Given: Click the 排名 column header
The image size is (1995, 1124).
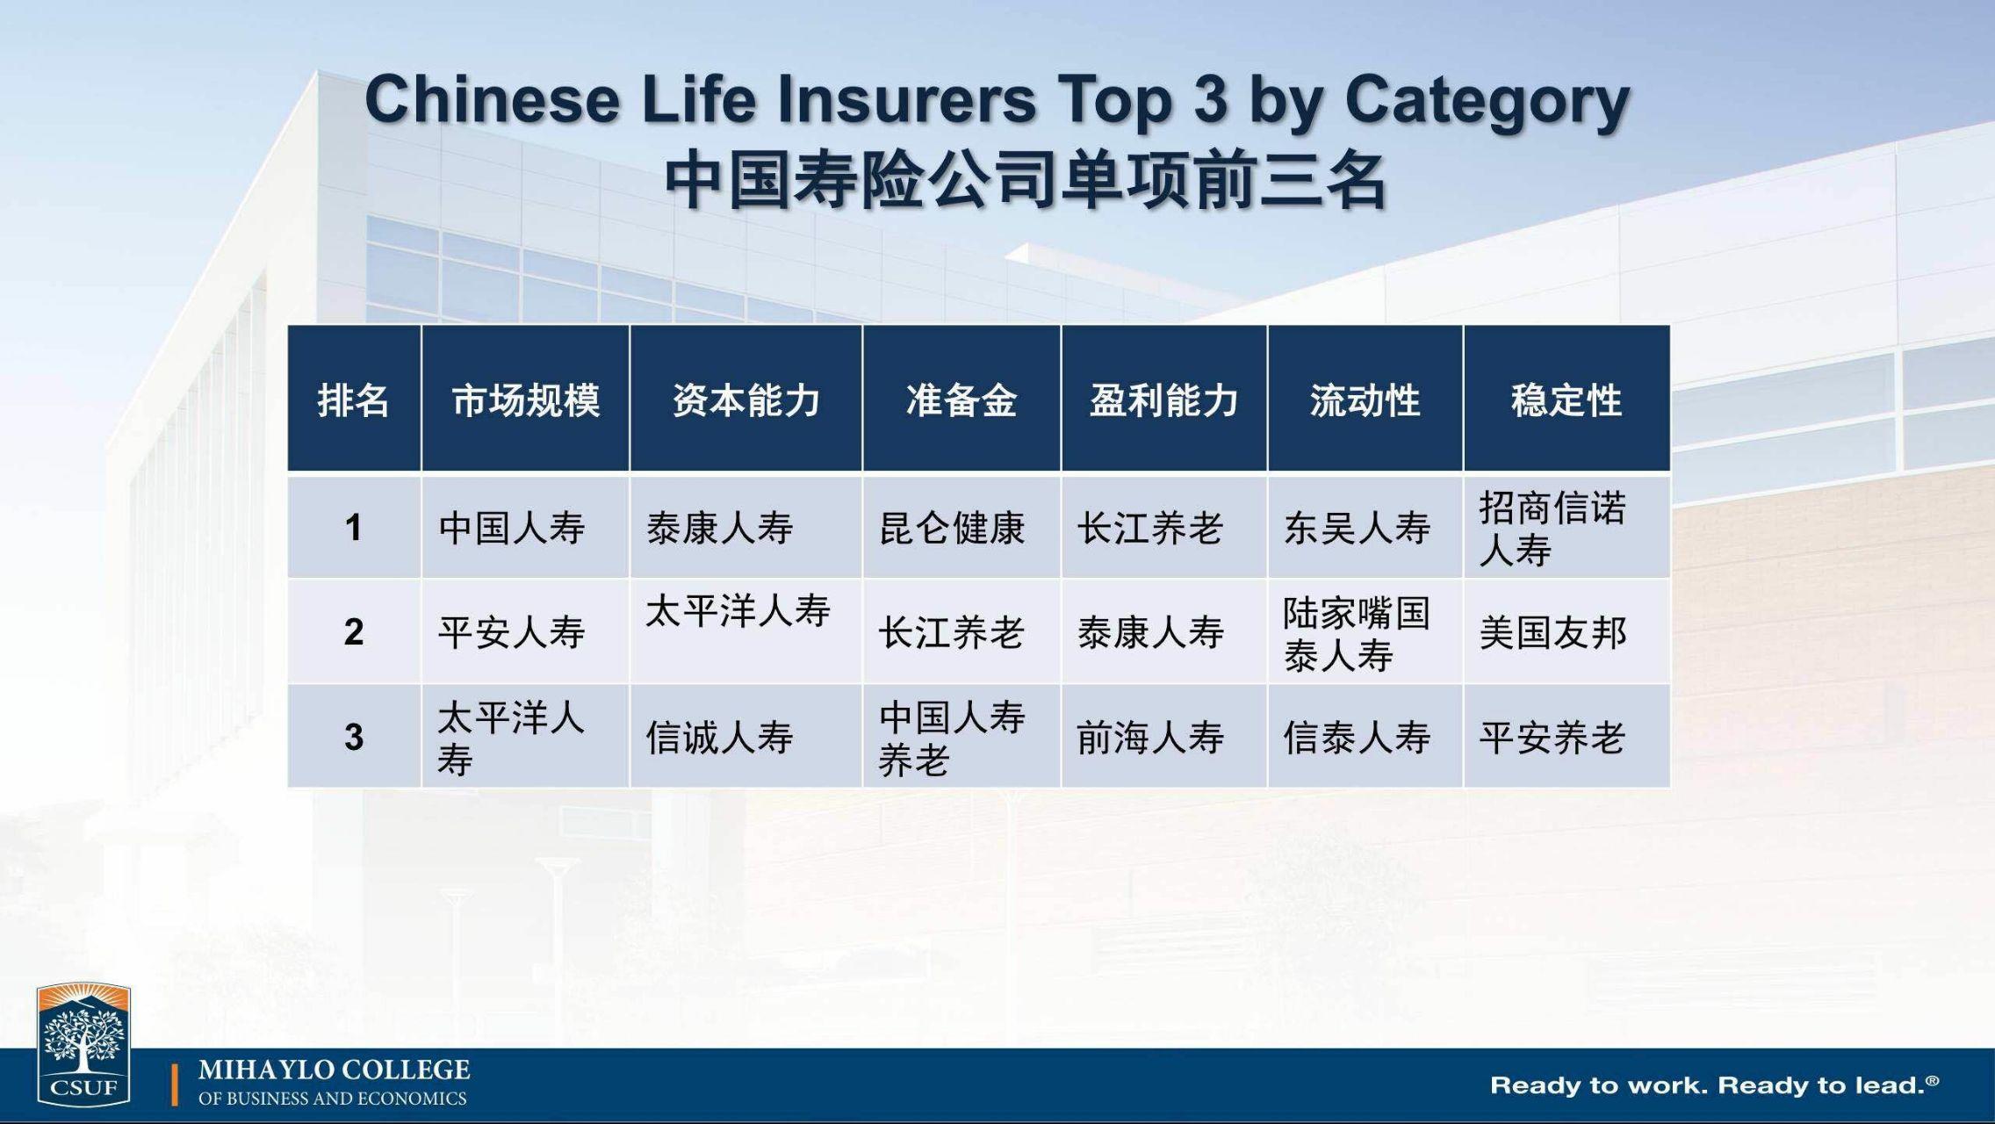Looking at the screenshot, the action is [x=353, y=400].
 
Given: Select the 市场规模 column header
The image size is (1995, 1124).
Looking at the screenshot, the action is [x=525, y=400].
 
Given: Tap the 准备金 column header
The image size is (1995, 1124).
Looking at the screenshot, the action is [x=961, y=400].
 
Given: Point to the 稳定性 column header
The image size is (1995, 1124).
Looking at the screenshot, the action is [x=1566, y=400].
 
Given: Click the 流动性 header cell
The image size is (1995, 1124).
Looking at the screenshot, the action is [x=1365, y=400].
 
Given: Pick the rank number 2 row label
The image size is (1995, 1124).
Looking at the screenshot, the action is [x=354, y=632].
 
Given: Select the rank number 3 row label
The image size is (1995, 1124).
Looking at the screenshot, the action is [x=354, y=737].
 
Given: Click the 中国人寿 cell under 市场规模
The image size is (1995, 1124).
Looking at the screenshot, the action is [x=512, y=529].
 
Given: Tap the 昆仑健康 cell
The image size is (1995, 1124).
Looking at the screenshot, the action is [x=952, y=529].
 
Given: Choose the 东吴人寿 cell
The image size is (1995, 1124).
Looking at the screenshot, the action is [x=1357, y=529].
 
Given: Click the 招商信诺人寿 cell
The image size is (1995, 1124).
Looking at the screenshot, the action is [x=1552, y=529].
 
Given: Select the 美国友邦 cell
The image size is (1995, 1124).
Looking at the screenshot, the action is [x=1552, y=633].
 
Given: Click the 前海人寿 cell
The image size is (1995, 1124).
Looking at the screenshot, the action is [x=1150, y=738].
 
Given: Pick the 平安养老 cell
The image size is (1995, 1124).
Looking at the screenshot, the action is [x=1552, y=738].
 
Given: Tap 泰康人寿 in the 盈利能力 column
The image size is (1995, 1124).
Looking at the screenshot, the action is [x=1150, y=633].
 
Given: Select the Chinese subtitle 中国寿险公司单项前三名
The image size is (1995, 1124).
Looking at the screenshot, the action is [x=1026, y=181].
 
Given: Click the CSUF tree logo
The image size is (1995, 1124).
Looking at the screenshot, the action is [x=83, y=1044].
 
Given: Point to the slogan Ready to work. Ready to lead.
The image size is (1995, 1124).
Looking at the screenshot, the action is [x=1714, y=1085].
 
